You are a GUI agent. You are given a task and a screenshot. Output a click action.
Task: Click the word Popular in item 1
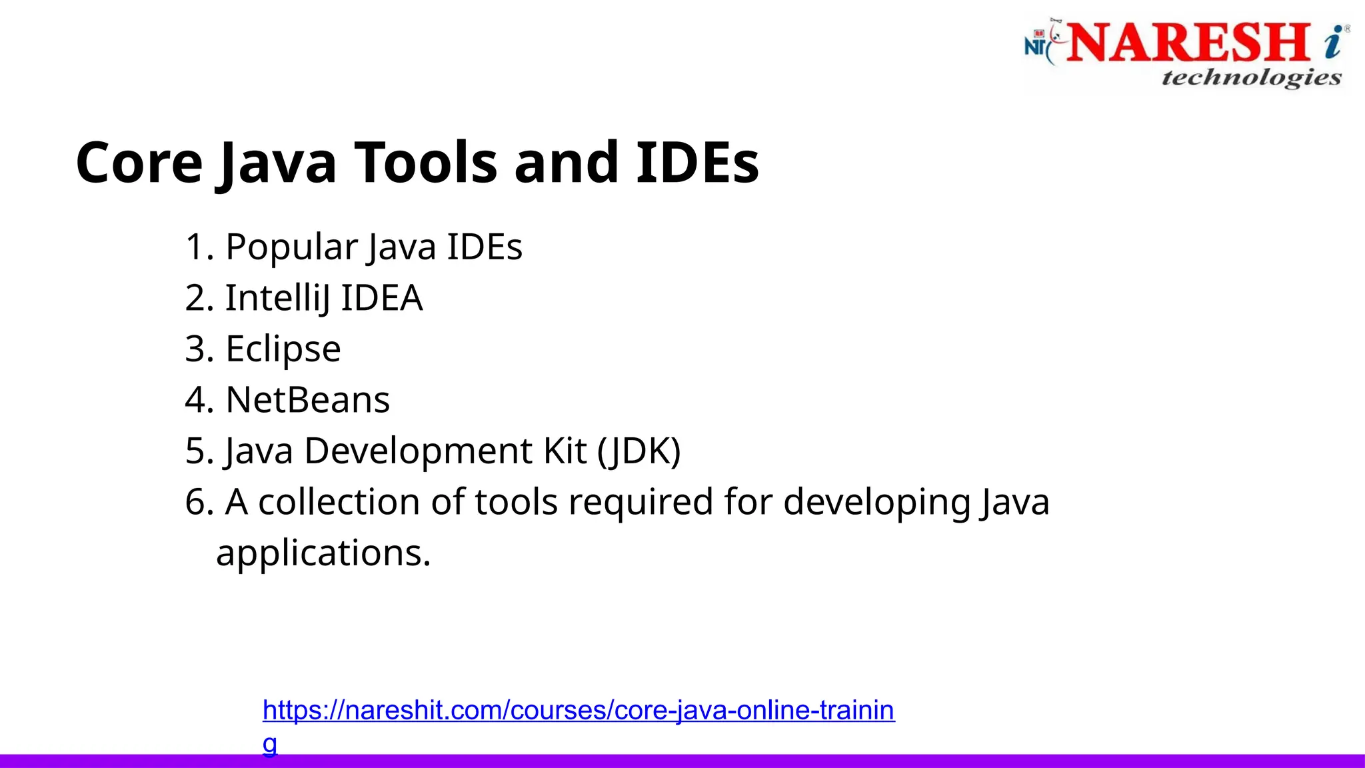292,247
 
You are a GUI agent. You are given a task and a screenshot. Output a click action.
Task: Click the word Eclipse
283,349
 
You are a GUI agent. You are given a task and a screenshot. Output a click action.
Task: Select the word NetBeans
307,400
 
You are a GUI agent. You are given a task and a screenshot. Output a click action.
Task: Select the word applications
323,553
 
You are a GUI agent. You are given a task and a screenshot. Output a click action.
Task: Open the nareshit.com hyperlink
578,711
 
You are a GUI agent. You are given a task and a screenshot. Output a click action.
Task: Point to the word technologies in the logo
1251,77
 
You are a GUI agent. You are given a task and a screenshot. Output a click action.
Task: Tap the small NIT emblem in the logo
1036,43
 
